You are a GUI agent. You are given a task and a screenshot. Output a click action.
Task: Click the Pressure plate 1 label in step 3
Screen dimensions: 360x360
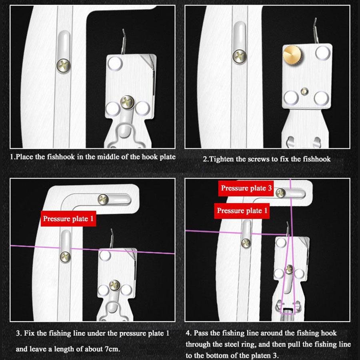[68, 218]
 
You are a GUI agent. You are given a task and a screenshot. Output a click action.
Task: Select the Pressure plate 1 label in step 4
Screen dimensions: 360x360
[242, 210]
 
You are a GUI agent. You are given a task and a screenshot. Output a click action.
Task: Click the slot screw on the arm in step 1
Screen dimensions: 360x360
[63, 64]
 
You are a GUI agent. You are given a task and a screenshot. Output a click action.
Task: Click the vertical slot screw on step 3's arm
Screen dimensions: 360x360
[64, 256]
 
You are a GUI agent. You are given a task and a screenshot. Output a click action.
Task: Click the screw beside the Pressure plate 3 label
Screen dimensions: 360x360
[281, 193]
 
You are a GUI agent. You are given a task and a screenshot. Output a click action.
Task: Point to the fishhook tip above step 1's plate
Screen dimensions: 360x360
[124, 32]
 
